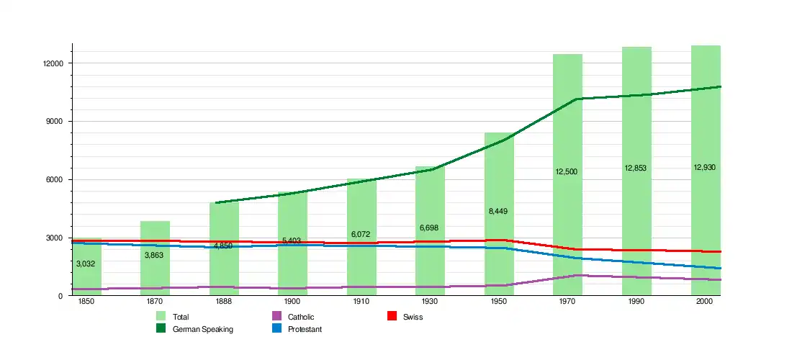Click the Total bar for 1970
click(x=567, y=216)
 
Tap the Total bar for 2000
click(x=706, y=216)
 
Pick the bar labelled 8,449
click(x=499, y=238)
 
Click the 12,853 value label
click(x=636, y=168)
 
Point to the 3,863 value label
click(x=155, y=255)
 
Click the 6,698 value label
click(x=430, y=228)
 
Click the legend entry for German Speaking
click(x=203, y=329)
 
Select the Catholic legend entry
click(x=301, y=317)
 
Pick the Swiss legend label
click(x=413, y=317)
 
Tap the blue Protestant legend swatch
click(x=276, y=329)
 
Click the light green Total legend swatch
click(x=161, y=317)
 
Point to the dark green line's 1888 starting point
click(x=217, y=202)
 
